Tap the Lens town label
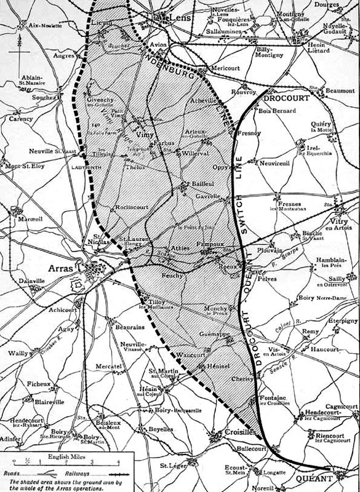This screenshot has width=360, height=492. click(177, 18)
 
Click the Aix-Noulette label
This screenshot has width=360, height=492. click(41, 25)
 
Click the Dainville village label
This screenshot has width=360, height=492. click(33, 280)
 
